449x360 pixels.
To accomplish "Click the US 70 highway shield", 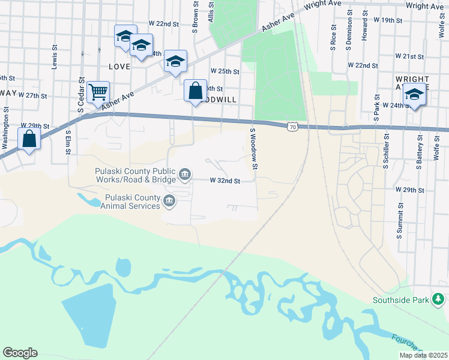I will click(292, 127).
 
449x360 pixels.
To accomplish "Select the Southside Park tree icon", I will click(439, 299).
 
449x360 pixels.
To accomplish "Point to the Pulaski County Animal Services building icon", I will click(169, 201).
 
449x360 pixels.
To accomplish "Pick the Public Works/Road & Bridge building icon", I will click(185, 175).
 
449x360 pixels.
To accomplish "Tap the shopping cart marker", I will click(98, 92).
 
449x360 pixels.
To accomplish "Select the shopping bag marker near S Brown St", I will click(195, 91).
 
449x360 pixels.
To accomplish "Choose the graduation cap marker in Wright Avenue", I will click(414, 94).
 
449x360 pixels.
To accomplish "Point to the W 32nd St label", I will click(224, 181).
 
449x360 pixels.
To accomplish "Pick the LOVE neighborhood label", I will click(119, 66).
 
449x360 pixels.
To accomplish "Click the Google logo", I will click(20, 353).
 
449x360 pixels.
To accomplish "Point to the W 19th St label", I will click(387, 20).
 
